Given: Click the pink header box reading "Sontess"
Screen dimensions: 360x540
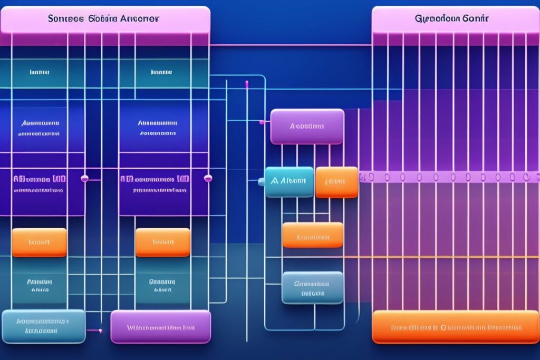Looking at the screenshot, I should [x=105, y=20].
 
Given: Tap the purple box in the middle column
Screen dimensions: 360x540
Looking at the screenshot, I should [x=307, y=127].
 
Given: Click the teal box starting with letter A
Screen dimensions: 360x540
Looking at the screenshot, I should [x=289, y=182].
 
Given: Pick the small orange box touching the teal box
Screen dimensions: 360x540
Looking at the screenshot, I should [x=336, y=182].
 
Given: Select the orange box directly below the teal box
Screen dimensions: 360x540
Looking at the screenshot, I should [x=313, y=235].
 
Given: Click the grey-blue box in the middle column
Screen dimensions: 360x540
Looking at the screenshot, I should [x=312, y=288].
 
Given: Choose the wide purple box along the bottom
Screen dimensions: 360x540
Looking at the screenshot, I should [x=160, y=327].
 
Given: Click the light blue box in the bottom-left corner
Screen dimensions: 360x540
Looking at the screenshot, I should [x=43, y=326].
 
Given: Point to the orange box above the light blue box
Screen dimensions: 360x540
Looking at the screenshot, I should [x=39, y=242].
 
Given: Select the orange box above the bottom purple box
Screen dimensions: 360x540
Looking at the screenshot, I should [x=162, y=242].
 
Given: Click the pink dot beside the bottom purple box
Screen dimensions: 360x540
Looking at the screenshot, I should [x=101, y=330].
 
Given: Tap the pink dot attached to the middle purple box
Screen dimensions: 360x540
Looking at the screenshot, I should [x=262, y=122].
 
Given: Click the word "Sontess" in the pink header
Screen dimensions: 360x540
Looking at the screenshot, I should [x=65, y=18].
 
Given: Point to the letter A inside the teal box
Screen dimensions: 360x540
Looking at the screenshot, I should [x=274, y=181].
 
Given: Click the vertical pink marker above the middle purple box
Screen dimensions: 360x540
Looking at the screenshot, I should [x=246, y=84].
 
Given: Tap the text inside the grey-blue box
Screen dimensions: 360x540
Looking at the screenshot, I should [x=311, y=288].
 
